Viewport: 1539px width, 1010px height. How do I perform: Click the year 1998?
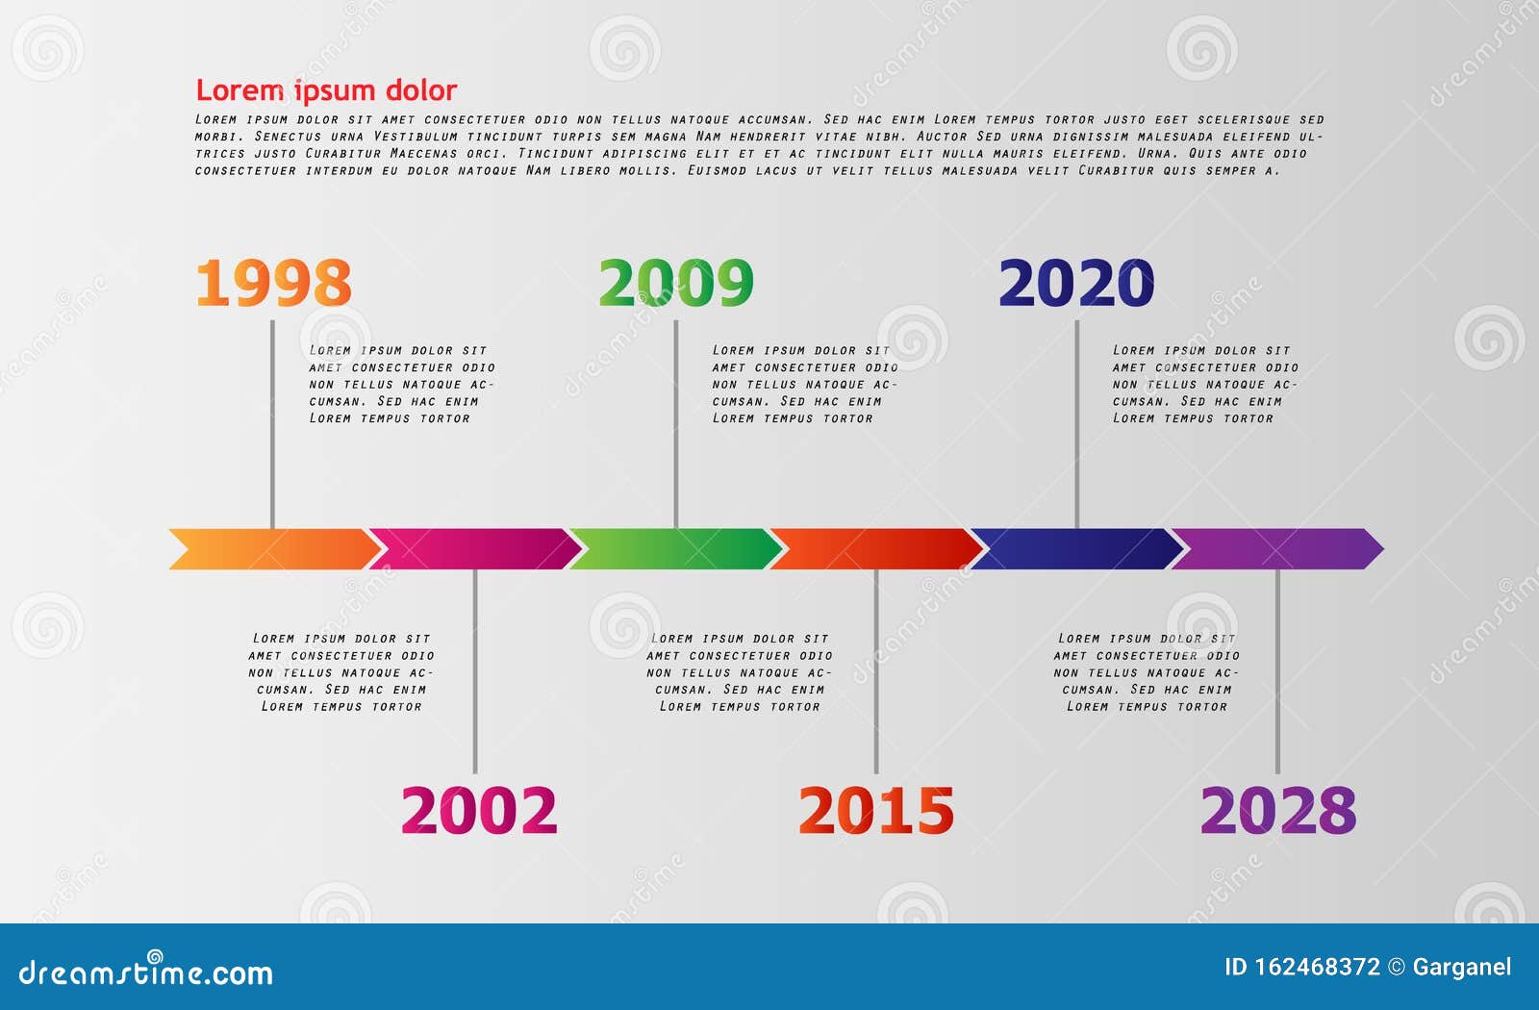coord(273,283)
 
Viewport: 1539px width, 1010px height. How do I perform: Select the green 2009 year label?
coord(676,283)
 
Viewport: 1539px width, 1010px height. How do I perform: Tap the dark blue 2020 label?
coord(1076,283)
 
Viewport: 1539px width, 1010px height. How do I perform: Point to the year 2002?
coord(479,810)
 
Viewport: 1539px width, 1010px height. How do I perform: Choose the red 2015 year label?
coord(876,810)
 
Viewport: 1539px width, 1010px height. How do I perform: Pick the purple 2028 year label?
coord(1278,810)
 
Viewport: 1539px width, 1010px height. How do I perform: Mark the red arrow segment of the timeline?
coord(876,549)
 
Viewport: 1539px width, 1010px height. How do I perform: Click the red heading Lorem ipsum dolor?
coord(326,90)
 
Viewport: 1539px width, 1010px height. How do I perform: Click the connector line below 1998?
coord(272,423)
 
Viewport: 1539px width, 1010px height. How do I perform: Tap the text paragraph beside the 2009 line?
coord(804,385)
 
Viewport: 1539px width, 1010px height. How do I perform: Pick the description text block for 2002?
coord(341,672)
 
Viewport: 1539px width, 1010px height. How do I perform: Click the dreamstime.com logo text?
coord(146,972)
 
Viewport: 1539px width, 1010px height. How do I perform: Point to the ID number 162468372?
coord(1317,968)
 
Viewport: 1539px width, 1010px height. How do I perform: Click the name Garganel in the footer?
coord(1461,968)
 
